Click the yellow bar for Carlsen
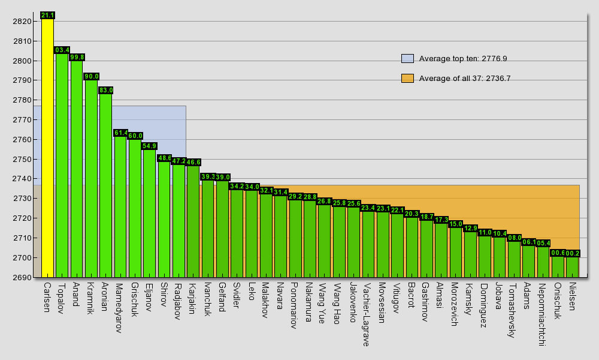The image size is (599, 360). coord(47,147)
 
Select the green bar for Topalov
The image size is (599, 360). coord(62,165)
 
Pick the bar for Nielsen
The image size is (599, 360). coord(573,267)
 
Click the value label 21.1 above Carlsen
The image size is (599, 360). coord(47,15)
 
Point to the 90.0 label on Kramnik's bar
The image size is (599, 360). coord(91,76)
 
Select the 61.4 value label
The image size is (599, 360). coord(120,133)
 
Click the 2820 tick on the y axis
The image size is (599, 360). coord(22,22)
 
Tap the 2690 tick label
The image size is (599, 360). coord(22,277)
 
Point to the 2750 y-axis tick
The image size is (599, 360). coord(22,160)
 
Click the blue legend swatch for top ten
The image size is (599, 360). coord(407,58)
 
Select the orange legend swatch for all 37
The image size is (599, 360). coord(407,78)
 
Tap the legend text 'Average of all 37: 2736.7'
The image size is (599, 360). coord(465,78)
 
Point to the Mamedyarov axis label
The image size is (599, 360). coord(119,308)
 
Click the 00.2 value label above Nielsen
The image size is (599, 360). coord(573,253)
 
